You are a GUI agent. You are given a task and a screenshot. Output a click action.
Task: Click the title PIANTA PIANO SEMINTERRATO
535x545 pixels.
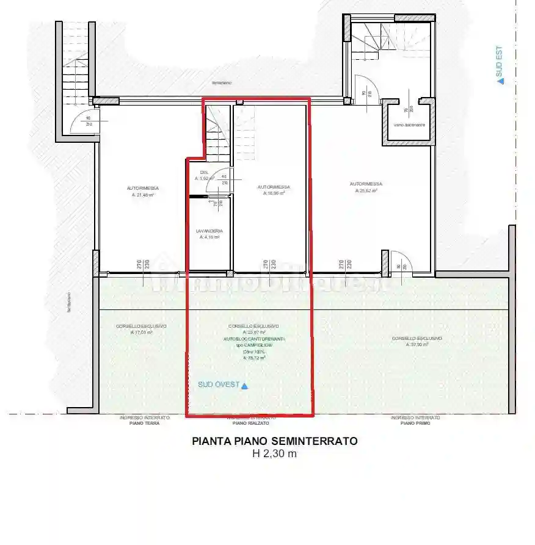[x=275, y=441]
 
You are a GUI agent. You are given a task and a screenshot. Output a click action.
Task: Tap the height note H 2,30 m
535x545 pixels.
[x=275, y=453]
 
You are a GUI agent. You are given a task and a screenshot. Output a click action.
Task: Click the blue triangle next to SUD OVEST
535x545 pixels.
[x=245, y=386]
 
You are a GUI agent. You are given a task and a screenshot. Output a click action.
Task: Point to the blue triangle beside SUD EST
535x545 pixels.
[x=501, y=80]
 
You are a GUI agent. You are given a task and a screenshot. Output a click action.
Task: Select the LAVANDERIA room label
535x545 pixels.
[x=209, y=231]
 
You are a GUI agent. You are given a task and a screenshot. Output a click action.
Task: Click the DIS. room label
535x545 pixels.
[x=204, y=173]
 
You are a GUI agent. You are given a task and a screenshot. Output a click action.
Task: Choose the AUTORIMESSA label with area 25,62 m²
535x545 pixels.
[x=366, y=184]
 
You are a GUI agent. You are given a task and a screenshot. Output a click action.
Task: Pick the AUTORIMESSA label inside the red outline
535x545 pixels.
[x=273, y=187]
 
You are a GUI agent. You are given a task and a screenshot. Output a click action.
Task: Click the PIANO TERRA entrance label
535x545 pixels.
[x=140, y=422]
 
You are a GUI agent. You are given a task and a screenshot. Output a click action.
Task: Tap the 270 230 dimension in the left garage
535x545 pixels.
[x=142, y=265]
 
